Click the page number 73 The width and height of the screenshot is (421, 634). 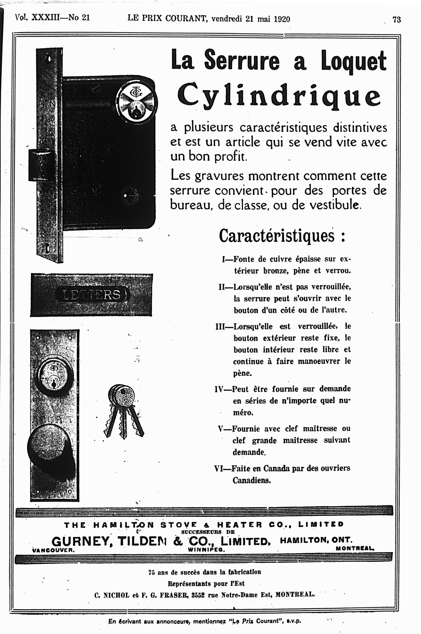coord(397,20)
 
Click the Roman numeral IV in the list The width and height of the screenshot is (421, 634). coord(219,389)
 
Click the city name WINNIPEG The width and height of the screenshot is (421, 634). coord(206,549)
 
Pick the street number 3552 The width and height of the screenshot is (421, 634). coord(198,595)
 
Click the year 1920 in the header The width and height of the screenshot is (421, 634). coord(282,19)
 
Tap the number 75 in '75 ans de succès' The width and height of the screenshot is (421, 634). coord(152,572)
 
